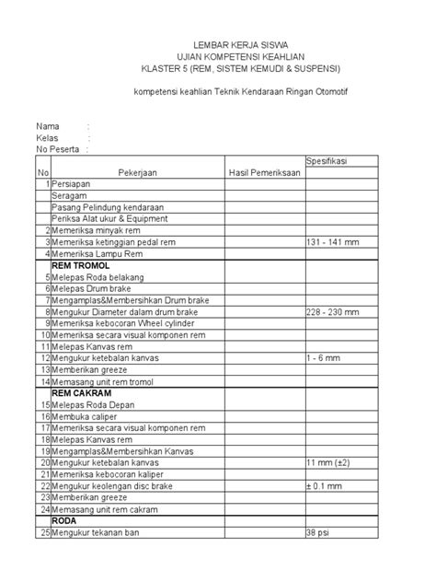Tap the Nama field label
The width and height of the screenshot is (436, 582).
(48, 125)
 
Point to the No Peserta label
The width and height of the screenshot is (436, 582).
(56, 149)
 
